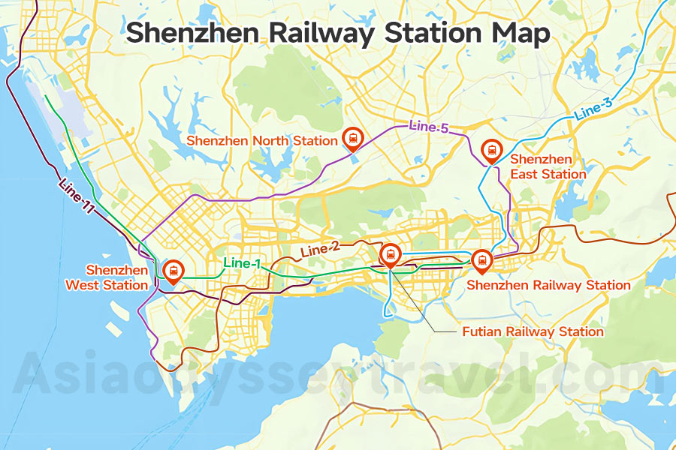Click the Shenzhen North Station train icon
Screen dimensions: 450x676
pos(352,137)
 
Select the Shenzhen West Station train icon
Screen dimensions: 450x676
pos(173,270)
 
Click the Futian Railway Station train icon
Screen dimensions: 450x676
pos(390,255)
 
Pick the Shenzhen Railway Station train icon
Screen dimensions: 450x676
pos(481,259)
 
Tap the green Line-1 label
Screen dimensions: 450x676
pos(242,264)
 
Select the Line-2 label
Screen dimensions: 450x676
pos(321,250)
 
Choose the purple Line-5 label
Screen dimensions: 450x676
pos(428,127)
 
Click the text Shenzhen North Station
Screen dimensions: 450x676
pos(262,141)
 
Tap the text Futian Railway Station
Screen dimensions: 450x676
pos(533,331)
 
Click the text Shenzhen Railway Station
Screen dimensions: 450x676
pos(548,285)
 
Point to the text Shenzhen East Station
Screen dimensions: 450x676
pos(548,167)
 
